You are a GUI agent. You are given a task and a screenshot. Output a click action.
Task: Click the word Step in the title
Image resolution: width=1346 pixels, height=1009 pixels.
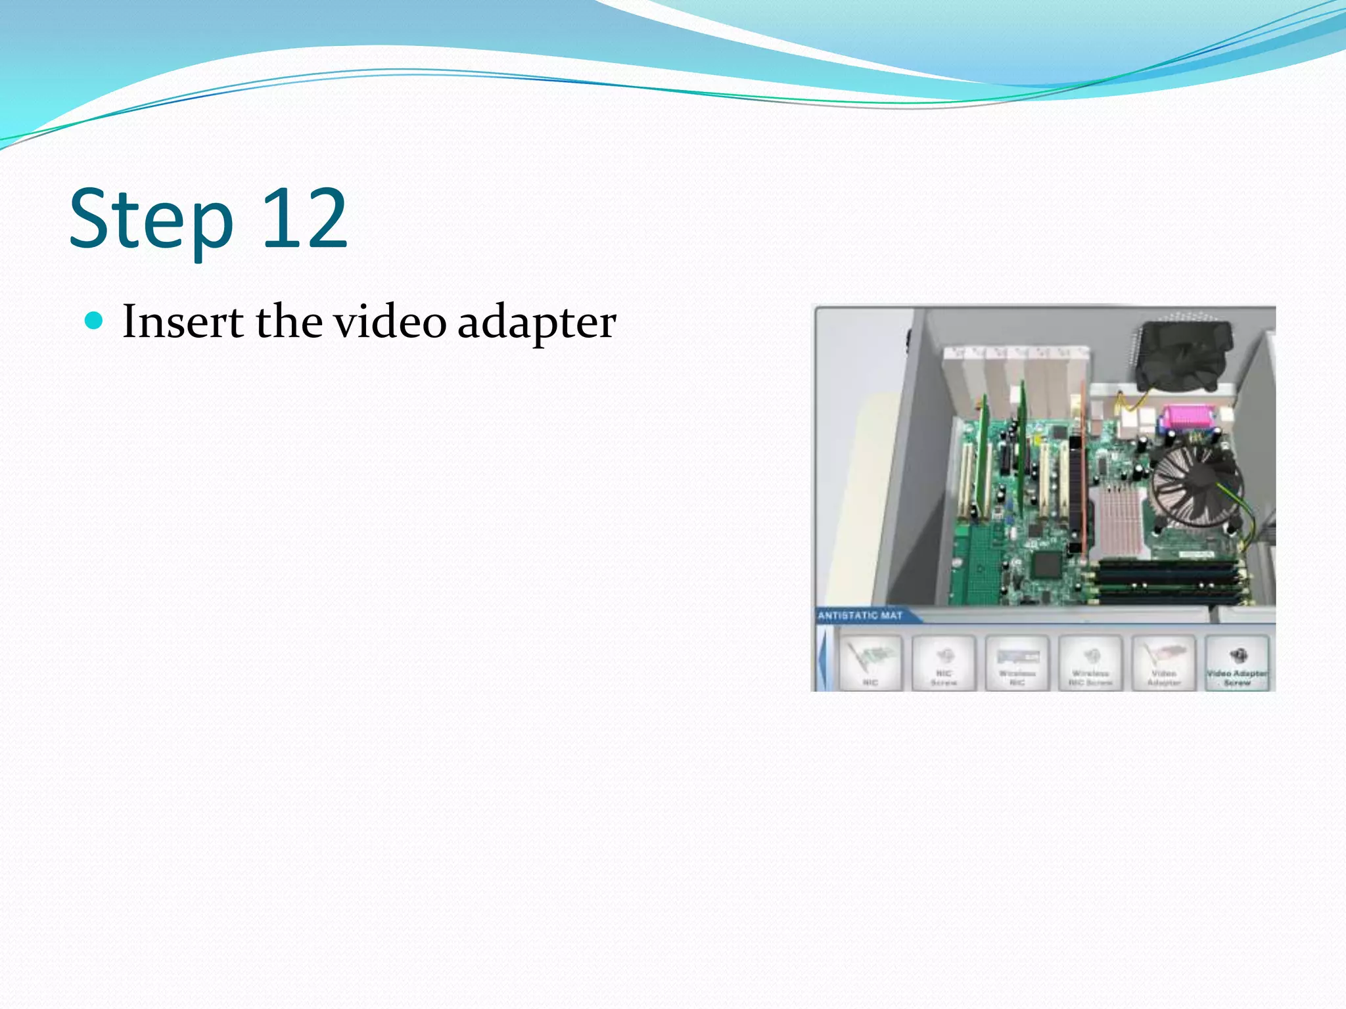(151, 220)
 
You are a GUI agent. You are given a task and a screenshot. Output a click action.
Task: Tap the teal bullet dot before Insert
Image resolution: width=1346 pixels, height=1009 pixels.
(95, 321)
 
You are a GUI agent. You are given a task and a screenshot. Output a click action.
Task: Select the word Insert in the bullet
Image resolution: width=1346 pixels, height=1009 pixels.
(183, 322)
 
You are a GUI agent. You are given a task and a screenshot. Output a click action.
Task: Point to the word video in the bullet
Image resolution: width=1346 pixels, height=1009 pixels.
(390, 322)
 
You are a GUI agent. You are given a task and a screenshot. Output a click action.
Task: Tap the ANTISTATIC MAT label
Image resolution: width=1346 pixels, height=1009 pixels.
(860, 616)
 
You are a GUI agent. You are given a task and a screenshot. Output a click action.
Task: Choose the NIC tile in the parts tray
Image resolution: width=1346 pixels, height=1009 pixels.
(871, 663)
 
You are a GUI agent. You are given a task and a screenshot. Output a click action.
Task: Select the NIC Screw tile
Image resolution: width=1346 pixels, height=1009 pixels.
(944, 663)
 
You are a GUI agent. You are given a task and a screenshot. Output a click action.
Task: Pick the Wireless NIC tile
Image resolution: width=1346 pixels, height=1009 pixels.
(1017, 663)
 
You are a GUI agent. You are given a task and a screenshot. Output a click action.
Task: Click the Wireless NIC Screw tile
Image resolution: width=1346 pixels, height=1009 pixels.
(1090, 663)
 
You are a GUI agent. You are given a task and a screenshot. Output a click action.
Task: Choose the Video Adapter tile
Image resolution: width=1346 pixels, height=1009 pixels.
(1163, 663)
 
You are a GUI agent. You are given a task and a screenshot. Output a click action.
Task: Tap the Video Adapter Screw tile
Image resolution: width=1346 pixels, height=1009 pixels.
(1237, 663)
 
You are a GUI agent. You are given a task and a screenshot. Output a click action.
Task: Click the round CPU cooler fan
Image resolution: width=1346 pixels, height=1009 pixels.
(1196, 483)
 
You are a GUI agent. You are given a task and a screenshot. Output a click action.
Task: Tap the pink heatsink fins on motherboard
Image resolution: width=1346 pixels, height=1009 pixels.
(1117, 519)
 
